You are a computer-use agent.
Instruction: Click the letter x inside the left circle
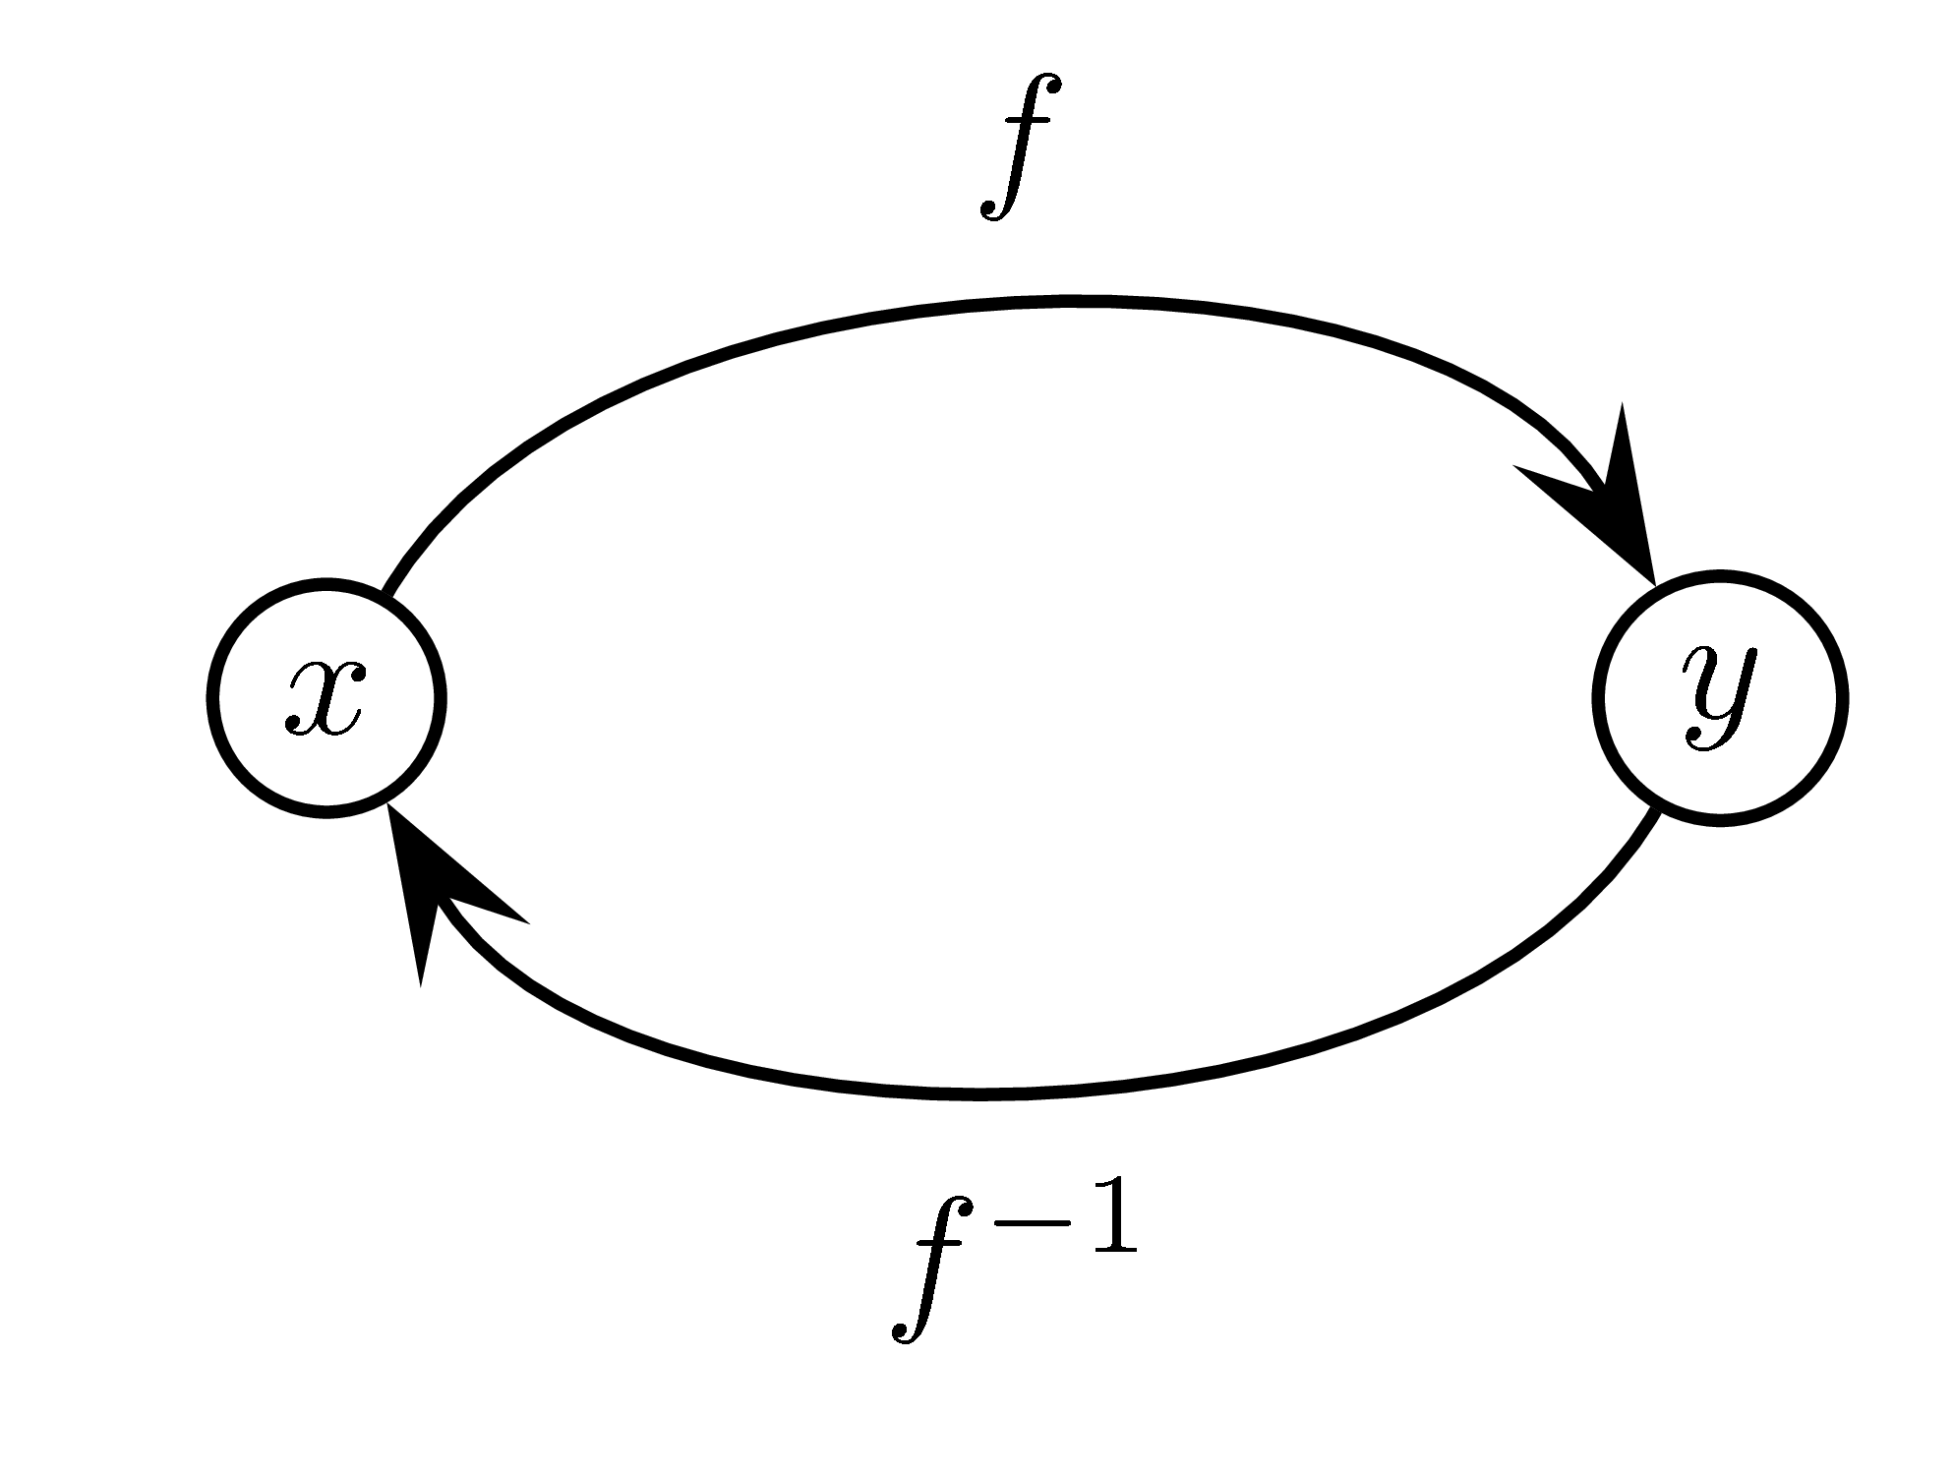pos(326,699)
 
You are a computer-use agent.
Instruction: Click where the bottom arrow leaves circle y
pos(1655,812)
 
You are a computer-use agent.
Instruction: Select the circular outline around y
pos(1841,697)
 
